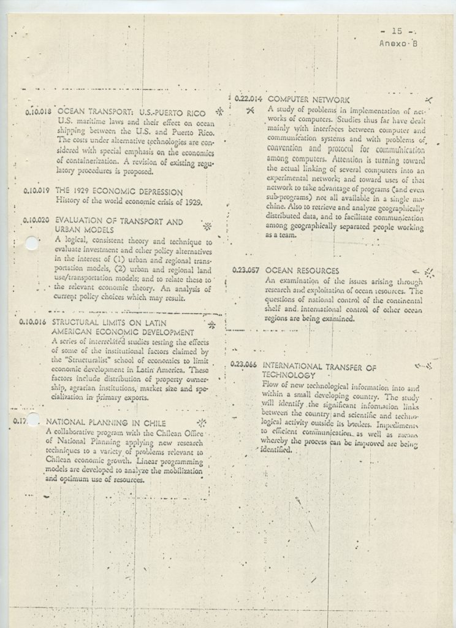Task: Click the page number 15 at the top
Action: click(396, 31)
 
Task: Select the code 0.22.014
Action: click(248, 99)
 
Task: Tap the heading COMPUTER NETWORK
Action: click(309, 99)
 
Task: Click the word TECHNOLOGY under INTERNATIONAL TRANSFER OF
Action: click(289, 375)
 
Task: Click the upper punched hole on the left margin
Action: click(32, 243)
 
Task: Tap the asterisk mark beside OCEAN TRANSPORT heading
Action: click(219, 112)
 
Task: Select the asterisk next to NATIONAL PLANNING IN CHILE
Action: click(202, 423)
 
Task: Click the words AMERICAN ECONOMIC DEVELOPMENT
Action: click(123, 332)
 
